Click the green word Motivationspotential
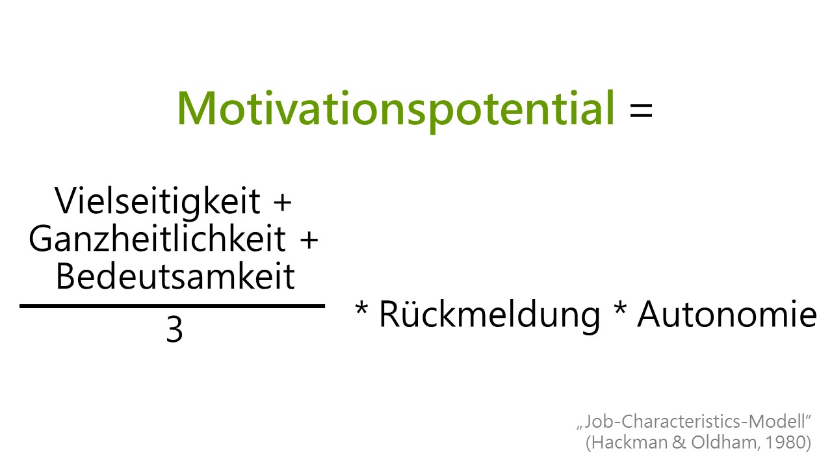pyautogui.click(x=396, y=110)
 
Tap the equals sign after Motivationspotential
pyautogui.click(x=641, y=110)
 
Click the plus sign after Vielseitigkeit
pyautogui.click(x=282, y=203)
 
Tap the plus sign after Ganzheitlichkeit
pyautogui.click(x=309, y=240)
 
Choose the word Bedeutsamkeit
pyautogui.click(x=175, y=276)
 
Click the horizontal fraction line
pyautogui.click(x=172, y=306)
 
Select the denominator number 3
pyautogui.click(x=174, y=329)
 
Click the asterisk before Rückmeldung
pyautogui.click(x=361, y=308)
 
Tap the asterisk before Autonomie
pyautogui.click(x=620, y=308)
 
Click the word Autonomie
pyautogui.click(x=727, y=314)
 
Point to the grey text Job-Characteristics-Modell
pyautogui.click(x=694, y=422)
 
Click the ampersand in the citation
pyautogui.click(x=679, y=443)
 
